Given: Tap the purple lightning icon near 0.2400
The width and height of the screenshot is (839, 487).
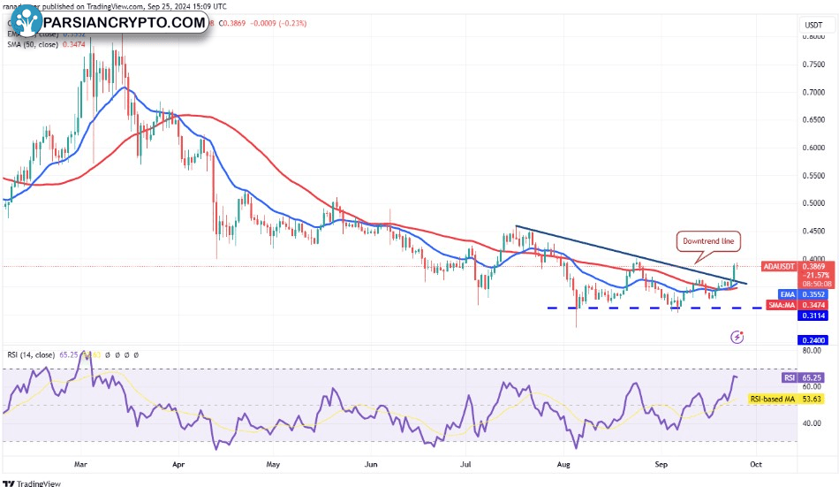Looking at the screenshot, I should coord(738,337).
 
